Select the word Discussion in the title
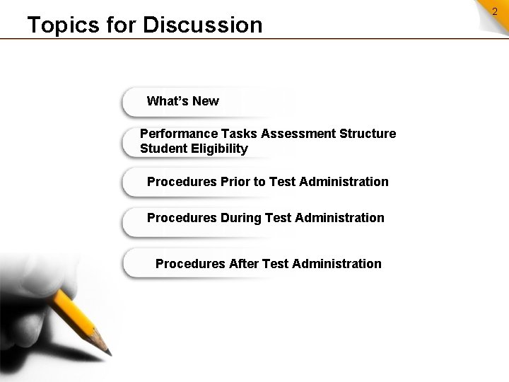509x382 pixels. [202, 25]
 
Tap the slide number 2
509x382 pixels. [495, 11]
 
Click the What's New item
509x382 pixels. [182, 101]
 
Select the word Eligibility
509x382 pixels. [220, 149]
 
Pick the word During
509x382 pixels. [240, 218]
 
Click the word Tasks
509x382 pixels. [240, 134]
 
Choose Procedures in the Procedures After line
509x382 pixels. [191, 264]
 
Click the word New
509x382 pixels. [205, 101]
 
